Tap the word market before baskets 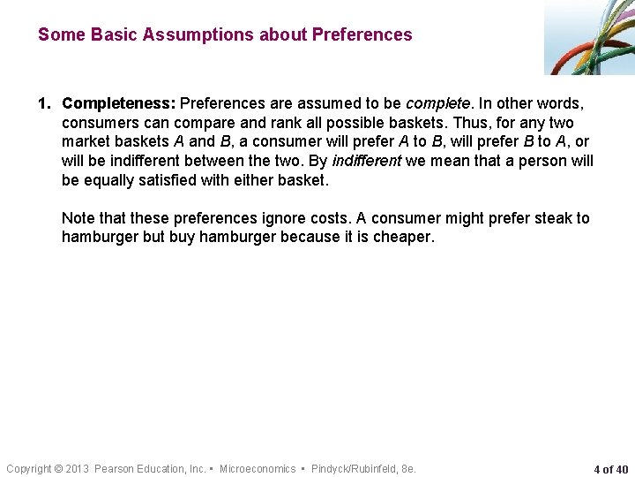coord(86,141)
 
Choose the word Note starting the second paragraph coord(78,218)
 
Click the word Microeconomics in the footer coord(258,469)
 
